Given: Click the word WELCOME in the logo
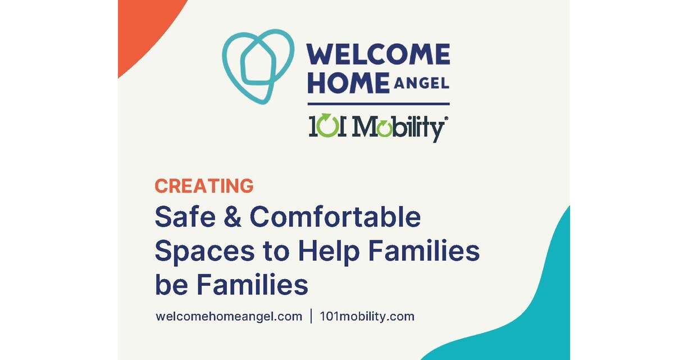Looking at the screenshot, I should (378, 55).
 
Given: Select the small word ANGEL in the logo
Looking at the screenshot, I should (421, 84).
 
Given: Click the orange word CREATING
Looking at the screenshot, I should (204, 186).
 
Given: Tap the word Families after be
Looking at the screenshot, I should (252, 285).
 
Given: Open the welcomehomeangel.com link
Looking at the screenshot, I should (229, 316).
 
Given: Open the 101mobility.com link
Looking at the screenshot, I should (367, 316).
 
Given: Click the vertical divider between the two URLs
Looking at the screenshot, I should (311, 316).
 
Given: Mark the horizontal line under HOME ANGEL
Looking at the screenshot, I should (378, 104).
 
